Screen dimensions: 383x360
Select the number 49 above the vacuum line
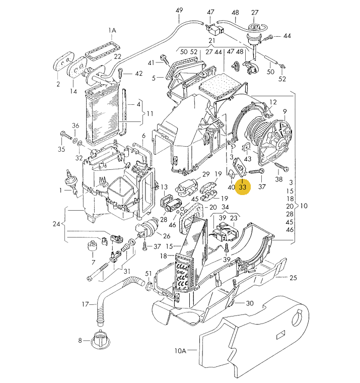pyautogui.click(x=180, y=11)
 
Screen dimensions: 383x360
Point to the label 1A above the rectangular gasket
pyautogui.click(x=112, y=31)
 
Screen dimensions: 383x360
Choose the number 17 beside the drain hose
pyautogui.click(x=86, y=304)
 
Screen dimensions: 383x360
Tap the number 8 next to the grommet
pyautogui.click(x=80, y=340)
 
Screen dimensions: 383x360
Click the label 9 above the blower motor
pyautogui.click(x=284, y=111)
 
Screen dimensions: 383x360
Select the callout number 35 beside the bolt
pyautogui.click(x=61, y=149)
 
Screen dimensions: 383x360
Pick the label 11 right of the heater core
pyautogui.click(x=150, y=114)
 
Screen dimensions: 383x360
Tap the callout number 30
pyautogui.click(x=250, y=303)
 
